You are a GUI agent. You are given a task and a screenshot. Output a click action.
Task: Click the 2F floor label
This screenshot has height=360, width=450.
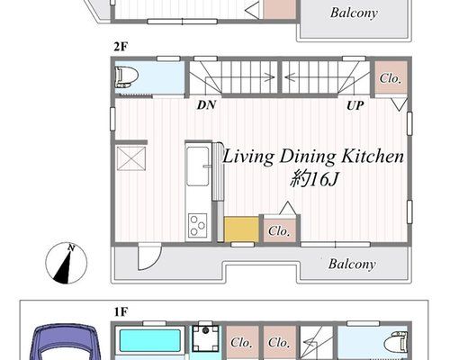(x=121, y=47)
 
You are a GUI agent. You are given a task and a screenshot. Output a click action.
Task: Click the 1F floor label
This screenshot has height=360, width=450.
(x=121, y=312)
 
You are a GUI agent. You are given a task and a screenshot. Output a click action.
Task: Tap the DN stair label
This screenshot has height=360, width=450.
(x=206, y=105)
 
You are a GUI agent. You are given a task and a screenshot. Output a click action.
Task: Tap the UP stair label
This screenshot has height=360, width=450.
(x=355, y=105)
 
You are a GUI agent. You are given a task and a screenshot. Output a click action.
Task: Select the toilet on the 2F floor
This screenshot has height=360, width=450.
(x=126, y=77)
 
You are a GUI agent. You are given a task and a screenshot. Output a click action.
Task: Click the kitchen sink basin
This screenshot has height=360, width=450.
(x=198, y=166)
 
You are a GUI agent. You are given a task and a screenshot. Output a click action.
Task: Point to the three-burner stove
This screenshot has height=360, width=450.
(x=197, y=225)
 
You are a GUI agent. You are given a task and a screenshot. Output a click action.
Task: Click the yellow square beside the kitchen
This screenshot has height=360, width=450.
(x=241, y=229)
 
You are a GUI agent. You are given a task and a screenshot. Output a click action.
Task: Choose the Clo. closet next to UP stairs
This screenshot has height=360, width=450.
(x=391, y=78)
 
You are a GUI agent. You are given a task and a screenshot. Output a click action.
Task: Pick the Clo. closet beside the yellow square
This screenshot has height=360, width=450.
(x=279, y=230)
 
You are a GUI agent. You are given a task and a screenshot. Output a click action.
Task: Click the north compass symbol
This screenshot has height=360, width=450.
(x=67, y=263)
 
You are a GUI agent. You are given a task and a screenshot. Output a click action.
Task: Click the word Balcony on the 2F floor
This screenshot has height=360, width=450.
(x=352, y=264)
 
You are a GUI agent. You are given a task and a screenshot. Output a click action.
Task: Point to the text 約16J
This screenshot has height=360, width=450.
(x=314, y=179)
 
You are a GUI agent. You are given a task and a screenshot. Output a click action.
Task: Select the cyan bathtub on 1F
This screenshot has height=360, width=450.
(x=150, y=341)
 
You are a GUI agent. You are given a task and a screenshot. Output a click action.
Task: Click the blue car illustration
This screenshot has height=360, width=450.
(x=67, y=342)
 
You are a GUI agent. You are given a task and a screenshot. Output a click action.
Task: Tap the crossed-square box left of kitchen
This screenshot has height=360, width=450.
(x=131, y=158)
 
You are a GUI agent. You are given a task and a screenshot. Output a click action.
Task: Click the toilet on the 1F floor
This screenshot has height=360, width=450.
(x=399, y=341)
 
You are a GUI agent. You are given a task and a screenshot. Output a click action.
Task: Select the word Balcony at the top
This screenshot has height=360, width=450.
(x=354, y=13)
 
